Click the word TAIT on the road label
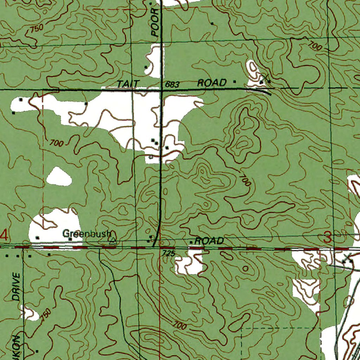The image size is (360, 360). pos(128,84)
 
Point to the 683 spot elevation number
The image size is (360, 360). pos(172,84)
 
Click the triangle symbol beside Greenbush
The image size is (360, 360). pos(113,240)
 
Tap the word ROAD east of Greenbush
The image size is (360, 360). pos(209,241)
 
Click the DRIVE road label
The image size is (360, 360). pos(16,286)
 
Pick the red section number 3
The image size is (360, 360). pos(327,238)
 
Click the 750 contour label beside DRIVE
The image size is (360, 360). pos(46,314)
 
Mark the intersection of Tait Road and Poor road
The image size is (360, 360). pos(161,90)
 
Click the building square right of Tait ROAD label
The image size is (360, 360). pos(235,82)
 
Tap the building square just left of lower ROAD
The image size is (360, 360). pos(191,242)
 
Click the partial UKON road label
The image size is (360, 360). pos(16,346)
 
